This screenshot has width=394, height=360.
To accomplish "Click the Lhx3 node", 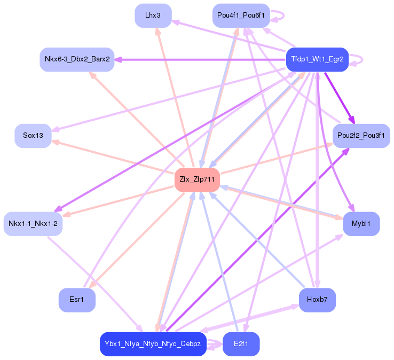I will tap(153, 15).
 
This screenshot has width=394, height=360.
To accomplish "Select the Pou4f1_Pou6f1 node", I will tap(241, 15).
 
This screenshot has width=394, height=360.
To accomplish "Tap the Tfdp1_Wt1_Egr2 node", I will tap(317, 59).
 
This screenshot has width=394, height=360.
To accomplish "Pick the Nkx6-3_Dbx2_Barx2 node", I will tap(77, 59).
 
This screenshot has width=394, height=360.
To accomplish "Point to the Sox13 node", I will tap(33, 136).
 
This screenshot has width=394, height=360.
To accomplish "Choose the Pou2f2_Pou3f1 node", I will tap(361, 136).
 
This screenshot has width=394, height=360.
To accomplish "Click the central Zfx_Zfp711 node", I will tap(197, 179).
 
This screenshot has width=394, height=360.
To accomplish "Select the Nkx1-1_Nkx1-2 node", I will tap(33, 223).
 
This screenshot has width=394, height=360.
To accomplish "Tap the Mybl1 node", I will tap(361, 223).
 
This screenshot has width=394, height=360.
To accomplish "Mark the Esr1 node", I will tap(77, 300).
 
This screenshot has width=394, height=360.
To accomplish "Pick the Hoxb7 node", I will tap(317, 300).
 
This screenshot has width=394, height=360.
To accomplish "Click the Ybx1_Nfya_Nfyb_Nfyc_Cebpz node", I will tap(153, 344).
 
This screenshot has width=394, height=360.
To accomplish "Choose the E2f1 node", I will tap(241, 344).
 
